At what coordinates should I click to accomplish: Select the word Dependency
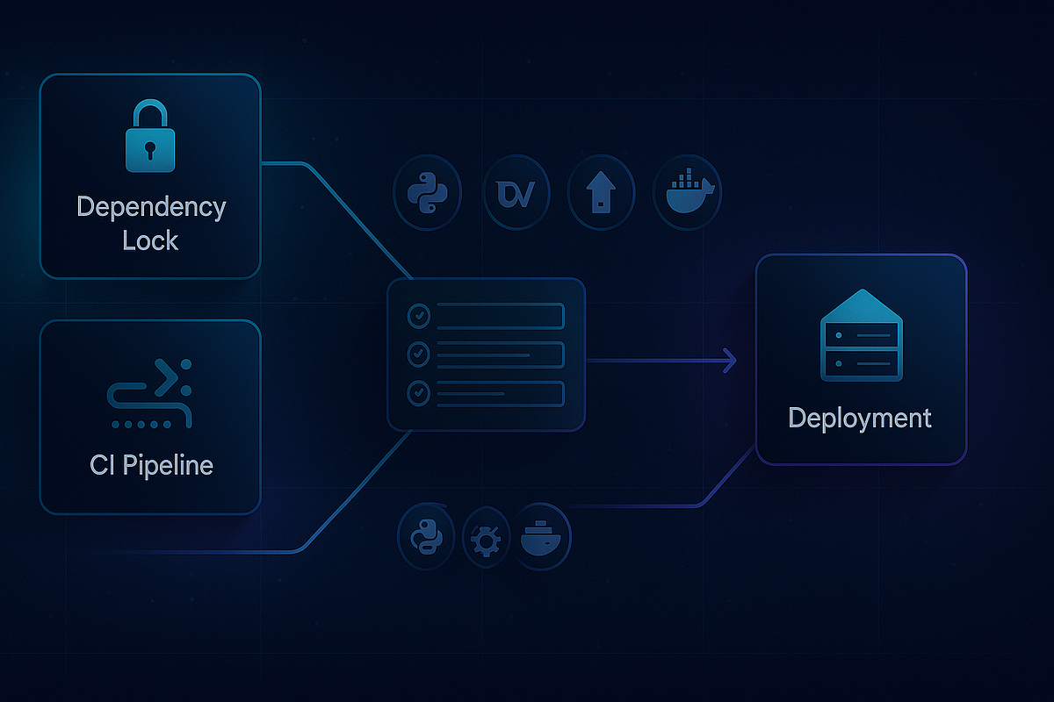click(151, 208)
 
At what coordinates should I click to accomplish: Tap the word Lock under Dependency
click(151, 240)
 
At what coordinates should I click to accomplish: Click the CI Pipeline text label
click(151, 464)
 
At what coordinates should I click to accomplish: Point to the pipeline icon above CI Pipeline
click(150, 392)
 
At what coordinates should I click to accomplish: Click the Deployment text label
click(860, 418)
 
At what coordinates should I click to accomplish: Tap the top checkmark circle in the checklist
click(419, 315)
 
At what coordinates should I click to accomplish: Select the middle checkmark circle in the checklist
click(419, 355)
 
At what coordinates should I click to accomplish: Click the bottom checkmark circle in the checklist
click(419, 394)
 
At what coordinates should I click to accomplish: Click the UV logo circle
click(516, 193)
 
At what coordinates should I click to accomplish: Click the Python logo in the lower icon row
click(427, 536)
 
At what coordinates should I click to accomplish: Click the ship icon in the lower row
click(543, 536)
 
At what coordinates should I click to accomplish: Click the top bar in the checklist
click(499, 315)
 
